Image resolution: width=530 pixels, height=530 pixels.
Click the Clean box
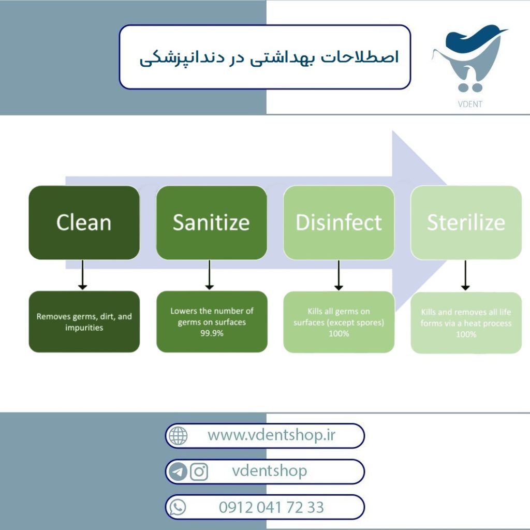(x=84, y=223)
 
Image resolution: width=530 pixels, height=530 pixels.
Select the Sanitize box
(x=212, y=223)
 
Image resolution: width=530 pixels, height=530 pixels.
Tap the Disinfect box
(x=338, y=223)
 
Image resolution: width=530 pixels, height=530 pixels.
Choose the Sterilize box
(x=466, y=223)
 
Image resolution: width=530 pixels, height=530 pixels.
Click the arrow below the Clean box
(x=82, y=275)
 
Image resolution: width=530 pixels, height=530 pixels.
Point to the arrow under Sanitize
(x=210, y=275)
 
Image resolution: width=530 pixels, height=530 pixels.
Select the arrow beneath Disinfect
(x=338, y=275)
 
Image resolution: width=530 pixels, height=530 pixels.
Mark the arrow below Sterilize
(x=465, y=275)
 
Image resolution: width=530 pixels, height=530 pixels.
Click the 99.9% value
(x=212, y=333)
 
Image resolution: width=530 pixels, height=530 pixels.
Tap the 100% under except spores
(x=338, y=334)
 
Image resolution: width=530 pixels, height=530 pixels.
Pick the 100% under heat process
(x=466, y=334)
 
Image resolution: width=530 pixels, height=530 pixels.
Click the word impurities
(x=84, y=328)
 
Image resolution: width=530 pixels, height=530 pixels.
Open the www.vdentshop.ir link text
(x=271, y=435)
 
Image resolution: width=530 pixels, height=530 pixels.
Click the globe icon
(x=178, y=436)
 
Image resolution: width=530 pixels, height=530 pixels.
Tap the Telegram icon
(x=178, y=472)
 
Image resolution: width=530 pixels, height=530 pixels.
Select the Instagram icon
(x=199, y=472)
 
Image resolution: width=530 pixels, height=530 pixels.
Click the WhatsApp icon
(x=178, y=507)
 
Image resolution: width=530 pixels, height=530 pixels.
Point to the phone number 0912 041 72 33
(x=271, y=507)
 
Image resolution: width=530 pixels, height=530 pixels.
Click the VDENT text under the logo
(x=470, y=104)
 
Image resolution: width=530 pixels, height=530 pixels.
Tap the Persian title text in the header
(x=269, y=58)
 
